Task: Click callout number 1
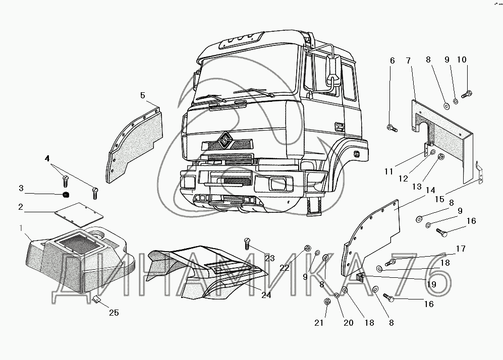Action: [21, 229]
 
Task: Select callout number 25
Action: [114, 313]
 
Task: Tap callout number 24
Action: [266, 295]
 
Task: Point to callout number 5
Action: [142, 95]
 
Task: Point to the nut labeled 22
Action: [307, 249]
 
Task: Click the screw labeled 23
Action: [247, 243]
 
